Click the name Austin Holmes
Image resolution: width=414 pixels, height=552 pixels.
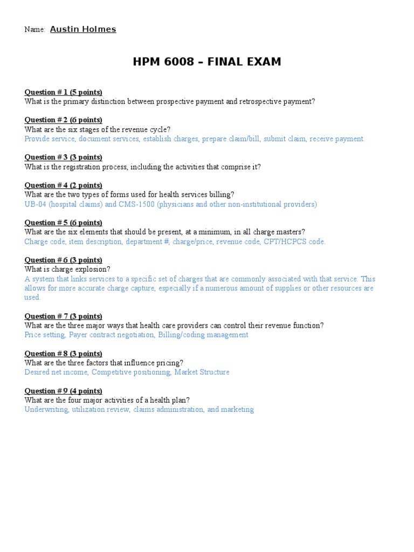(x=83, y=30)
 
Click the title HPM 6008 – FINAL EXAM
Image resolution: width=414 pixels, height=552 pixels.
(x=207, y=62)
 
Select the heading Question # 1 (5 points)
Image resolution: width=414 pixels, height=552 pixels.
(x=63, y=92)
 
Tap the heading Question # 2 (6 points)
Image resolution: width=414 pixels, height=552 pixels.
(x=63, y=120)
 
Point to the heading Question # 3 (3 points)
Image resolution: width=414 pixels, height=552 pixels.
(x=63, y=157)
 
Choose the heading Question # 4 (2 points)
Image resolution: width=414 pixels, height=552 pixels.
(x=63, y=185)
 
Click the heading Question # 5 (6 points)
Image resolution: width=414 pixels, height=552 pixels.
(x=63, y=223)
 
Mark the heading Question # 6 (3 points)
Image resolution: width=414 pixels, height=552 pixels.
(x=63, y=260)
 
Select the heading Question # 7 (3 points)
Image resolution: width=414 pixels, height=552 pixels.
(x=63, y=316)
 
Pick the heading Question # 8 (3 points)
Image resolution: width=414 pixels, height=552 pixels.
(x=63, y=354)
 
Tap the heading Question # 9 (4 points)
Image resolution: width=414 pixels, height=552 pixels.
(x=63, y=391)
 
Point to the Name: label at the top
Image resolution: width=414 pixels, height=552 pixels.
(x=34, y=30)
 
